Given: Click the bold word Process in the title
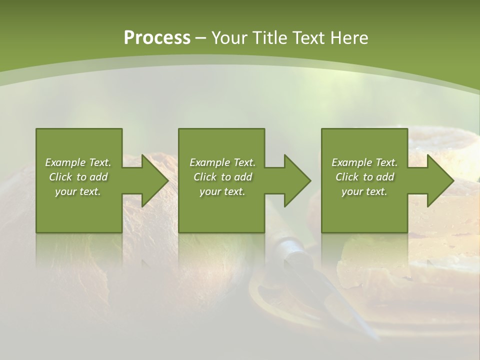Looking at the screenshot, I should point(157,37).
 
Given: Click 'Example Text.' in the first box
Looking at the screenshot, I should point(78,162).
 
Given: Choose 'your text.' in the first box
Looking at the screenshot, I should point(78,191).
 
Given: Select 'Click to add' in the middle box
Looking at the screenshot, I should point(222,177).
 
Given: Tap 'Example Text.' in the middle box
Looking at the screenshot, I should point(222,162).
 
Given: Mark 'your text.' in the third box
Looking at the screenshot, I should point(364,191).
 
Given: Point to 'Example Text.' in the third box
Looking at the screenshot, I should point(364,162).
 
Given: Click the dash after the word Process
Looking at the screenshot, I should point(201,37).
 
